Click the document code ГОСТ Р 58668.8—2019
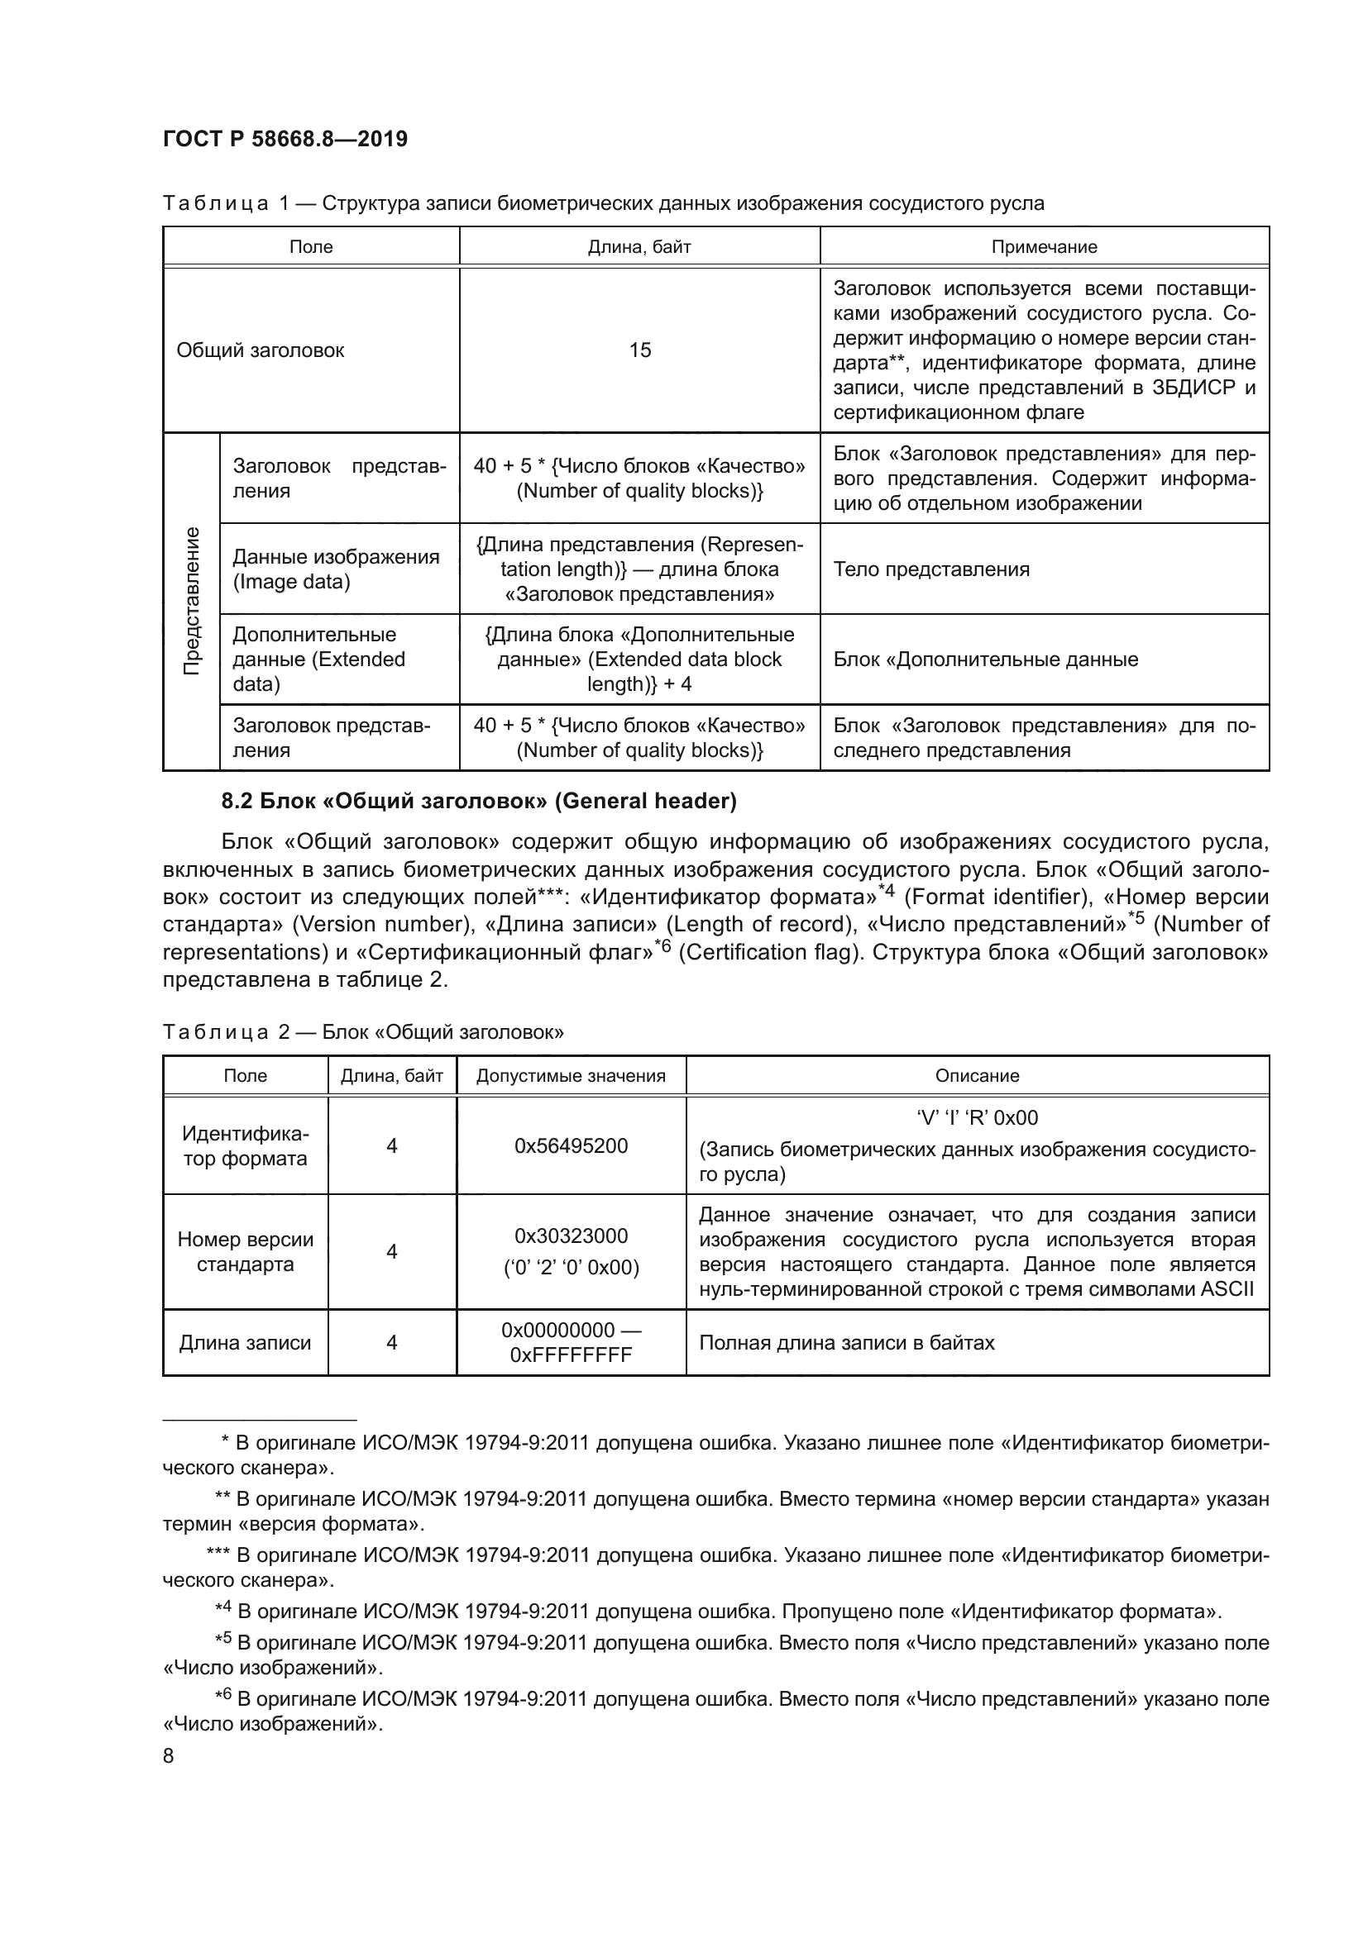285,139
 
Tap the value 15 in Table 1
639,350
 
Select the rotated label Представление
192,601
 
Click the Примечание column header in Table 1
1044,246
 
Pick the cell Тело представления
930,569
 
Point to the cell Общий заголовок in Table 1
261,350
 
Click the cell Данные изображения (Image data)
335,569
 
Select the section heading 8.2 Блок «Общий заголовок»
478,801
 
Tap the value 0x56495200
572,1145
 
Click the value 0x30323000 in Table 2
572,1236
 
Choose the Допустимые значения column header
572,1076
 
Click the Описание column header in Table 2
977,1076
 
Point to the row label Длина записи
245,1343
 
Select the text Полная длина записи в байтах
847,1343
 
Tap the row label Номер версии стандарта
245,1252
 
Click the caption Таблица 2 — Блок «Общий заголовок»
363,1032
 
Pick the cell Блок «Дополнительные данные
986,659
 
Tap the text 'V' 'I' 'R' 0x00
977,1118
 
